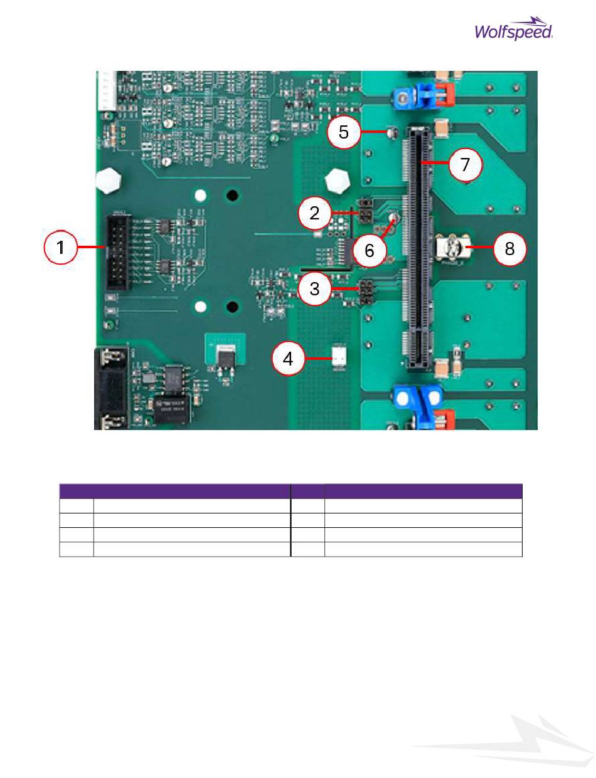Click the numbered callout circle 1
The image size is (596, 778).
[x=61, y=248]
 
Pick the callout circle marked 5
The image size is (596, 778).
[x=344, y=132]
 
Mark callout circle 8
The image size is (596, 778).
[x=509, y=249]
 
